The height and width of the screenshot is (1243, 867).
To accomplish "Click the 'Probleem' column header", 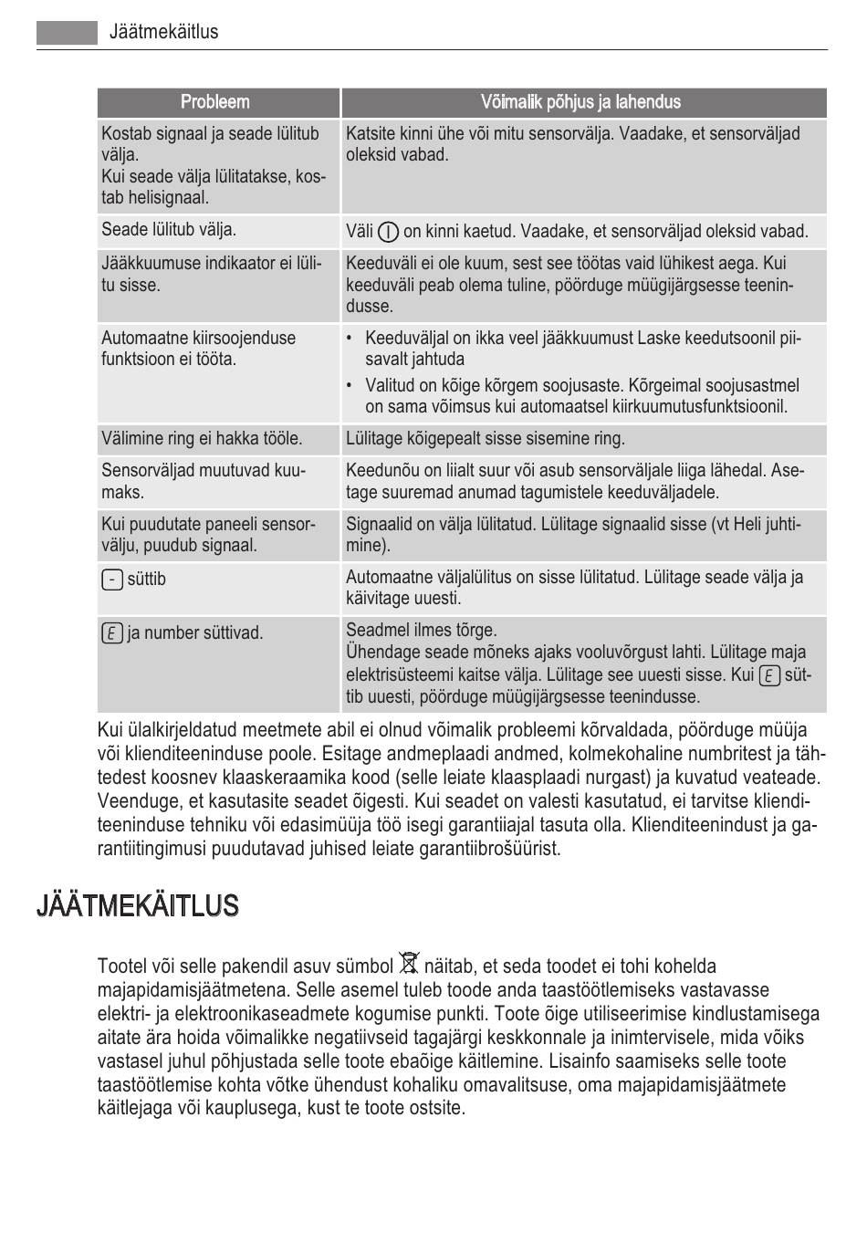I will pyautogui.click(x=214, y=102).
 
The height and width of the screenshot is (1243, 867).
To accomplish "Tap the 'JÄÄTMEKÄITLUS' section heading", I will pyautogui.click(x=138, y=906).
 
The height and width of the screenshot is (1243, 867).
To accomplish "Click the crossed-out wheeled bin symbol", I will pyautogui.click(x=409, y=965).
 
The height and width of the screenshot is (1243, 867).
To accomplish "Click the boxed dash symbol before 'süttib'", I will pyautogui.click(x=111, y=580).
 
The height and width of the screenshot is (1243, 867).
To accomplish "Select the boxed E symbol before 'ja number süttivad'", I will pyautogui.click(x=111, y=632).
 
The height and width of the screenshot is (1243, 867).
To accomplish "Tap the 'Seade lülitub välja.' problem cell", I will pyautogui.click(x=169, y=230).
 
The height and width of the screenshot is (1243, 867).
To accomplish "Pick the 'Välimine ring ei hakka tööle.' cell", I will pyautogui.click(x=202, y=439).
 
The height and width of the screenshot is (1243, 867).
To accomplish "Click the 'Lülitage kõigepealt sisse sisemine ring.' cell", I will pyautogui.click(x=486, y=439).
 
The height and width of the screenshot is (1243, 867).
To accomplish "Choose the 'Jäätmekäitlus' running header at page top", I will pyautogui.click(x=163, y=32).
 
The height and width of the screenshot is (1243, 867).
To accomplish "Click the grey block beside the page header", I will pyautogui.click(x=67, y=32).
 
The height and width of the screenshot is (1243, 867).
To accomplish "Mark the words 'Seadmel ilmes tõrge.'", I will pyautogui.click(x=422, y=630).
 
